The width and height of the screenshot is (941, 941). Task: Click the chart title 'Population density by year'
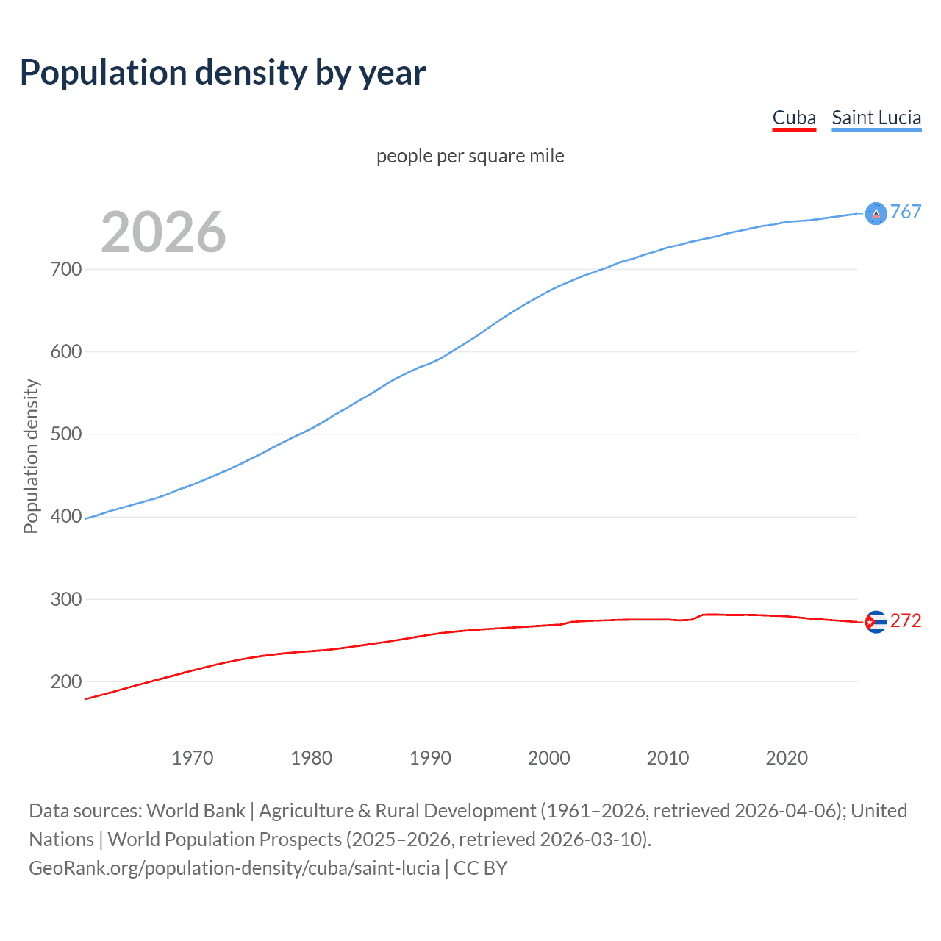tap(223, 73)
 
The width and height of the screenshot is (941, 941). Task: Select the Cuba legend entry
tap(794, 118)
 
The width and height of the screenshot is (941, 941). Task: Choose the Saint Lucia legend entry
tap(876, 118)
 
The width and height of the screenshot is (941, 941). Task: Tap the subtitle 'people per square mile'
tap(470, 156)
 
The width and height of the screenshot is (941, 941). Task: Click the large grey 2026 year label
tap(163, 232)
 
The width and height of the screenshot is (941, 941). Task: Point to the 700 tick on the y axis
tap(65, 269)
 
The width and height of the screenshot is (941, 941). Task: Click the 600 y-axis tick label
tap(65, 351)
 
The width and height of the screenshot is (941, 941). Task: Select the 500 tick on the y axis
tap(65, 434)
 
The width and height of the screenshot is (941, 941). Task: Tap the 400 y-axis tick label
tap(65, 516)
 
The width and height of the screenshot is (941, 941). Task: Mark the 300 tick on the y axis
tap(65, 599)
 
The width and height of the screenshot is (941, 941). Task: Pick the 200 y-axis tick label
tap(65, 681)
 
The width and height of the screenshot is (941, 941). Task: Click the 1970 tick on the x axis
tap(193, 758)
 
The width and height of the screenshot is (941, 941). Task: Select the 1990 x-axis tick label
tap(430, 758)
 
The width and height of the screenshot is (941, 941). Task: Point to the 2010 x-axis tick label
tap(668, 758)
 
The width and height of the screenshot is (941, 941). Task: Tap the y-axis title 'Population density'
tap(31, 456)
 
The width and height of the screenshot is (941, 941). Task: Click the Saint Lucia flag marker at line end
tap(876, 213)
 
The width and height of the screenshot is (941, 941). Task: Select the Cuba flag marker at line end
tap(876, 622)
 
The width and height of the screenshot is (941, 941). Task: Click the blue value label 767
tap(906, 212)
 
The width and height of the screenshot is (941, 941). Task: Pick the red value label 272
tap(906, 621)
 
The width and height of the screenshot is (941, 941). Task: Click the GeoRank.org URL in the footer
tap(235, 868)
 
